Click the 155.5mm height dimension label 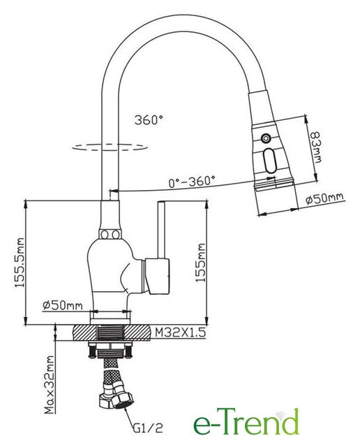point(20,263)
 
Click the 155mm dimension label point(200,263)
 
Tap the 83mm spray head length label point(315,147)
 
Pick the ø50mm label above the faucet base point(63,305)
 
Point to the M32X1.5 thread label point(181,332)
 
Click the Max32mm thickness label point(49,384)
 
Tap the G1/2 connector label point(148,427)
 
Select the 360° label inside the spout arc point(149,119)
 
